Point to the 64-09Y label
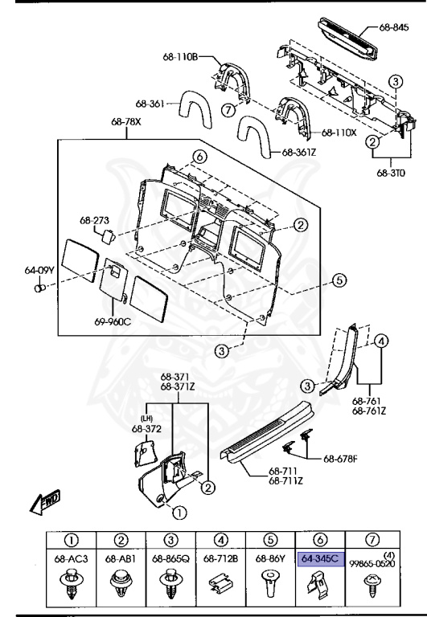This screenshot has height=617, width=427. [x=39, y=271]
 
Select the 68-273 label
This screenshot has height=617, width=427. [x=94, y=219]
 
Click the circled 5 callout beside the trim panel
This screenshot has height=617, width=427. [x=339, y=281]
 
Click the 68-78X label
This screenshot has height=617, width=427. [x=126, y=124]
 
